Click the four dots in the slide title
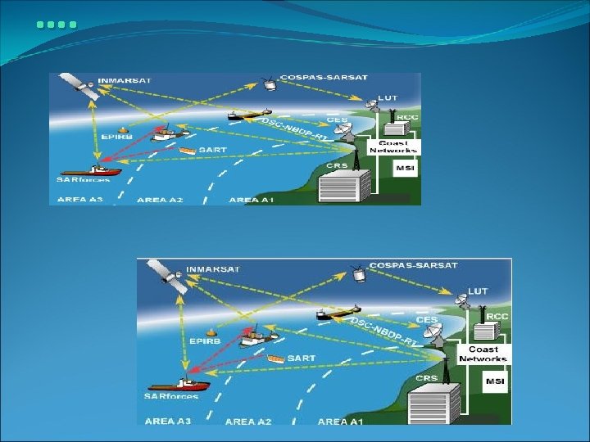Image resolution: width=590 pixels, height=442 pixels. click(x=57, y=25)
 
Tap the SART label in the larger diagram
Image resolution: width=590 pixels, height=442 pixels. click(x=302, y=359)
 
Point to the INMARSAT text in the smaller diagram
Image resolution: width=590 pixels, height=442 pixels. click(x=119, y=80)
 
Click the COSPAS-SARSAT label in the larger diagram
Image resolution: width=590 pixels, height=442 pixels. click(x=413, y=265)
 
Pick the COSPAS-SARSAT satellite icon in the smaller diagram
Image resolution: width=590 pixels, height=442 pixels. click(x=268, y=83)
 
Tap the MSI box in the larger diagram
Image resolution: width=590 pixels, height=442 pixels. click(x=495, y=381)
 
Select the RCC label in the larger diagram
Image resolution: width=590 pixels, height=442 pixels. click(x=497, y=316)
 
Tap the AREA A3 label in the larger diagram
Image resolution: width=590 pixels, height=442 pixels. click(x=167, y=421)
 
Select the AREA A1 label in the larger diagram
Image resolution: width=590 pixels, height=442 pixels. click(x=340, y=421)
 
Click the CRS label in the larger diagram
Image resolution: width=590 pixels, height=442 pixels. click(x=426, y=378)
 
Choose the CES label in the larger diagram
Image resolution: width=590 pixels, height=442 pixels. click(x=426, y=319)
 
